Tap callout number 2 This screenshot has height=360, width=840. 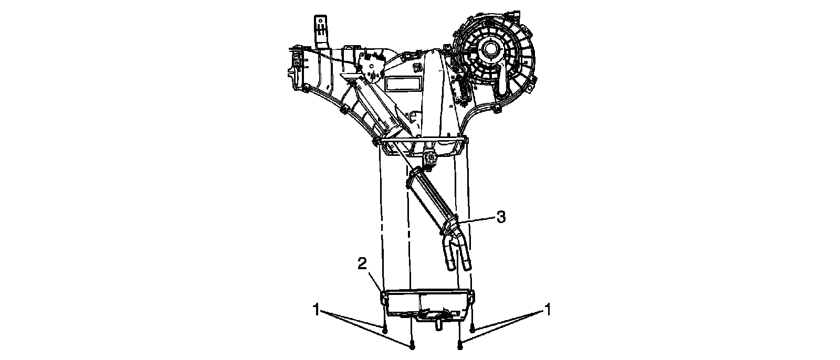pyautogui.click(x=362, y=264)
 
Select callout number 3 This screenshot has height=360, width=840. pyautogui.click(x=501, y=217)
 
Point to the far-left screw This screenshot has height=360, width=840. pyautogui.click(x=385, y=331)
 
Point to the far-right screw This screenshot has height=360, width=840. pyautogui.click(x=472, y=331)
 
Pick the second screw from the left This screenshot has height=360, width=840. pyautogui.click(x=412, y=346)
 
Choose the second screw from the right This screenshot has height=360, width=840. pyautogui.click(x=460, y=346)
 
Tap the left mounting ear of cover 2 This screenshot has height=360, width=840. pyautogui.click(x=384, y=298)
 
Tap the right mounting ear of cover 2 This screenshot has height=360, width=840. pyautogui.click(x=472, y=295)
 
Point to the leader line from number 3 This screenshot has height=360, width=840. pyautogui.click(x=475, y=219)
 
